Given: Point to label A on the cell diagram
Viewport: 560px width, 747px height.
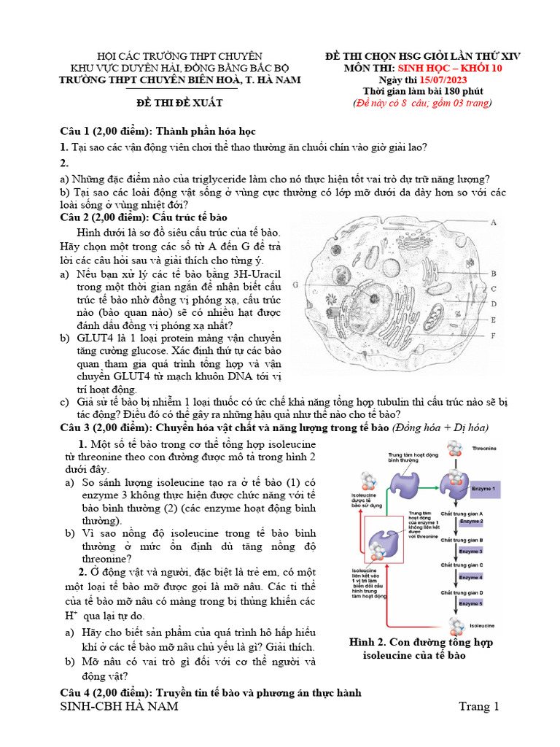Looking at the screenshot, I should pos(494,222).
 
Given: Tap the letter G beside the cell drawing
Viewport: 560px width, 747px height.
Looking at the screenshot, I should pos(295,285).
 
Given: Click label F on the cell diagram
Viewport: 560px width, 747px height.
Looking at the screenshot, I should pos(494,336).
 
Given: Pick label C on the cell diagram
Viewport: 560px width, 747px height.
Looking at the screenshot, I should pos(494,289).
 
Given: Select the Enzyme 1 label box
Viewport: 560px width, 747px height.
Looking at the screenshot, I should pos(483,488).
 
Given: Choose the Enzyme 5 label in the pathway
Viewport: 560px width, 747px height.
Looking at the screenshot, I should pos(470,604).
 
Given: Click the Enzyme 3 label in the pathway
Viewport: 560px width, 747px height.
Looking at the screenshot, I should pos(470,551).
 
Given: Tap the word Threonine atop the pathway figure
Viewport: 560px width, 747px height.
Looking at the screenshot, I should pos(484,448).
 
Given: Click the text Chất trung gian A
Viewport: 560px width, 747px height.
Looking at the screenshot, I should pos(462,514).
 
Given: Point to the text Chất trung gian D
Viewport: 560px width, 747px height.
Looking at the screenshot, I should pos(462,592).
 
